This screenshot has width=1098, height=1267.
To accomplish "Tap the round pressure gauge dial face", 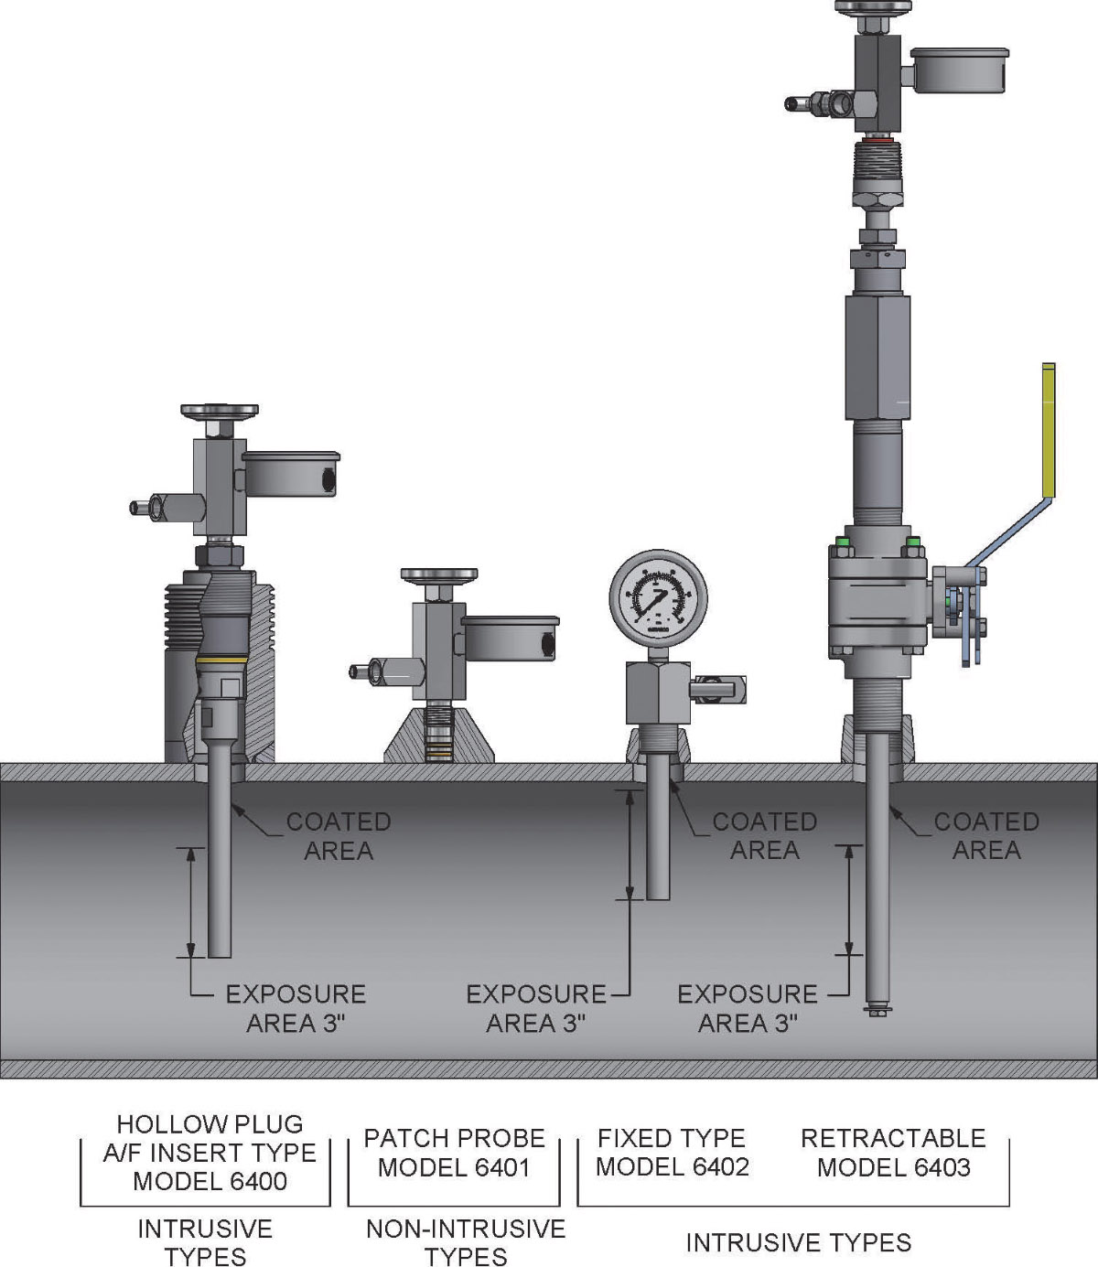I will pos(659,599).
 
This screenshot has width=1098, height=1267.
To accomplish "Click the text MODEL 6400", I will pos(210,1181).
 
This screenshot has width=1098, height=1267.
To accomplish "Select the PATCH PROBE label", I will pos(454,1138).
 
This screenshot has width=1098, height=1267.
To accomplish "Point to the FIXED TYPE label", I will pos(671,1138).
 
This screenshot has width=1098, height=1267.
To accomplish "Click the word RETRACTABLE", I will pos(893,1138).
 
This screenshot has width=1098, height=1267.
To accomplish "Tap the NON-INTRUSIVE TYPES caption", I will pos(465,1241).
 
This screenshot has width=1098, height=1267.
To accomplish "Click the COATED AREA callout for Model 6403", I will pos(985,835).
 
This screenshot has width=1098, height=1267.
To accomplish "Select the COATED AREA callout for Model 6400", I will pos(338,835).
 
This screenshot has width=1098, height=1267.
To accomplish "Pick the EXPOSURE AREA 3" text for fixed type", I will pos(535,1008).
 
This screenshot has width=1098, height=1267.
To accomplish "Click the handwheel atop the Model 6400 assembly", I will pos(219,412).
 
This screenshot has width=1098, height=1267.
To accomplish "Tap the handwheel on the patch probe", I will pos(439,575).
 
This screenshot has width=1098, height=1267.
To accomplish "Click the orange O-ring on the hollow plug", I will pos(221,659).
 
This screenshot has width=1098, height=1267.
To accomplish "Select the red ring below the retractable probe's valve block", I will pos(878,142).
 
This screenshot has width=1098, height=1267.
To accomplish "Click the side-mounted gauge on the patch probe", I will pos(510,638).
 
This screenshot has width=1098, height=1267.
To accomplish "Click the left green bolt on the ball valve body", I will pos(843,550).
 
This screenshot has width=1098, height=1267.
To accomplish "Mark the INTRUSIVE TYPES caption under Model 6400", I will pos(205,1241).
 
